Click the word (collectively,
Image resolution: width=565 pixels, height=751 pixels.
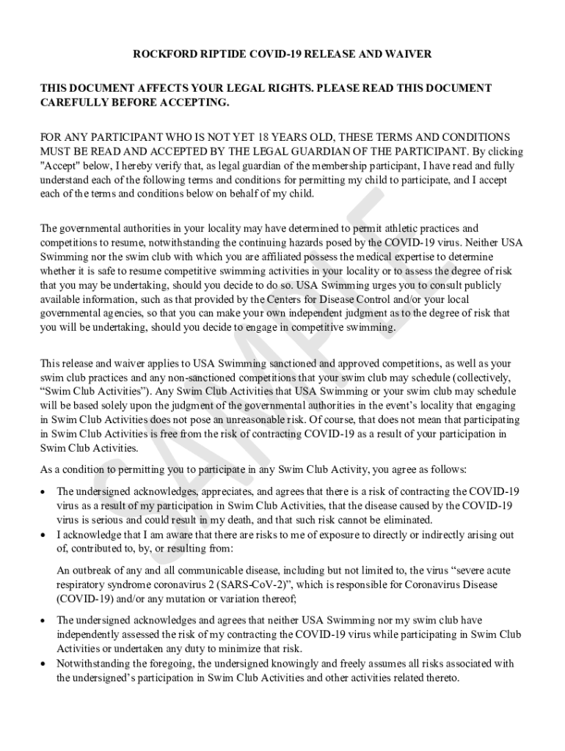coord(467,377)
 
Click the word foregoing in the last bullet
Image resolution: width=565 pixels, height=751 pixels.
coord(163,663)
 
